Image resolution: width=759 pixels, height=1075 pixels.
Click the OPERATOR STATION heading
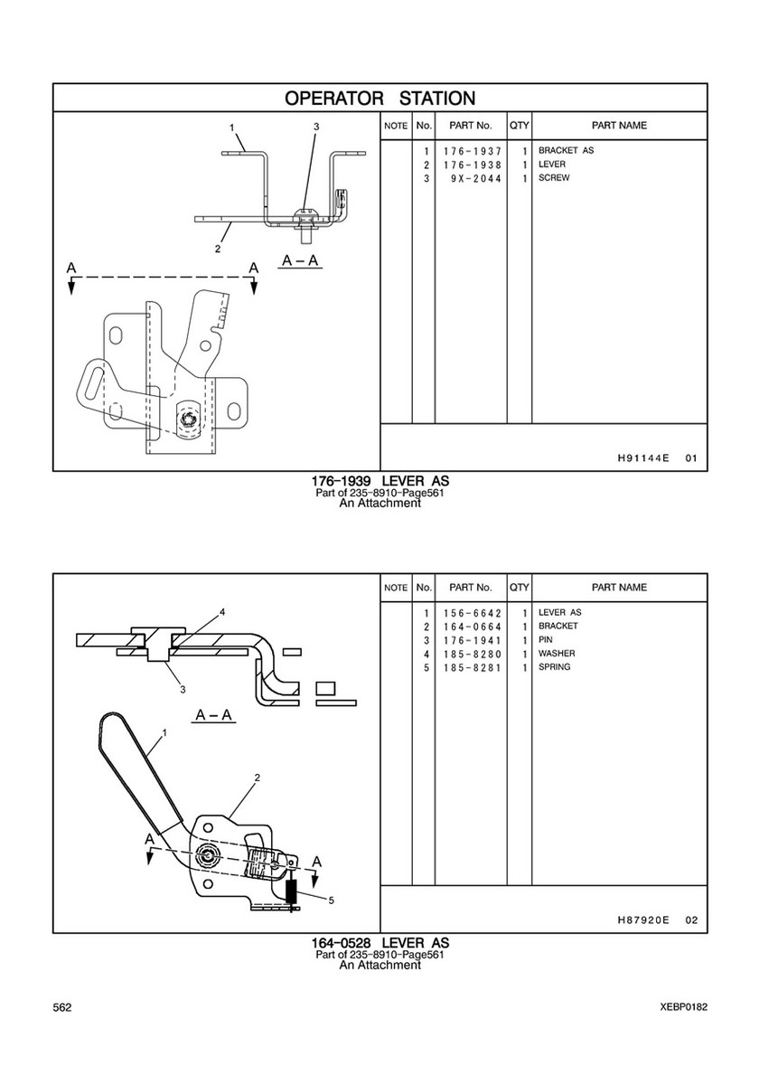[x=379, y=98]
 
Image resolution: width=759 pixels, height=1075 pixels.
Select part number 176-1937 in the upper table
[x=472, y=151]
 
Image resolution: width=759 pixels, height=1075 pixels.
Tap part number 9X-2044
[x=476, y=178]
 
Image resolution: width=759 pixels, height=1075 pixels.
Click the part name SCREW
[x=554, y=177]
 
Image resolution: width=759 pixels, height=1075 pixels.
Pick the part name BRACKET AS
[x=566, y=150]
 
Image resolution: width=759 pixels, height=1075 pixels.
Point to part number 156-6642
[x=472, y=613]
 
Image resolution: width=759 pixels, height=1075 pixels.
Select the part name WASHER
[x=557, y=654]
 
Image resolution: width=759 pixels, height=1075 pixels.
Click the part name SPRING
[x=554, y=667]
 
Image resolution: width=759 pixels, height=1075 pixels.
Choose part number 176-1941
[x=472, y=640]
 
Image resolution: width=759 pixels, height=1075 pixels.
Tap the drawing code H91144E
[x=642, y=458]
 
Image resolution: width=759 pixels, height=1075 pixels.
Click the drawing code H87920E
[x=642, y=920]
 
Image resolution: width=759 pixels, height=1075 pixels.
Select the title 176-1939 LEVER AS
[x=380, y=481]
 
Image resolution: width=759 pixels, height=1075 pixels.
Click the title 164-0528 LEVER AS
[x=380, y=943]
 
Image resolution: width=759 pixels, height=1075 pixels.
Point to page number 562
[x=61, y=1007]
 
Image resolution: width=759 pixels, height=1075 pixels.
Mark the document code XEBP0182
[x=684, y=1007]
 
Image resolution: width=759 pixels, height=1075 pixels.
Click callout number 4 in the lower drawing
[x=222, y=611]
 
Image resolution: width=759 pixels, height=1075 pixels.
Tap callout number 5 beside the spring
[x=331, y=901]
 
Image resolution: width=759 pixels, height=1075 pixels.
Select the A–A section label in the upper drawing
[x=302, y=260]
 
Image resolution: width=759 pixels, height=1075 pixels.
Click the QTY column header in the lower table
[x=520, y=588]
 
